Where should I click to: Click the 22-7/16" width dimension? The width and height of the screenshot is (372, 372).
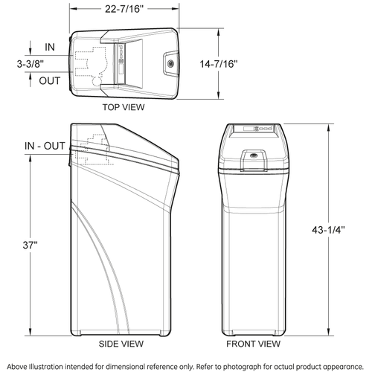click(124, 9)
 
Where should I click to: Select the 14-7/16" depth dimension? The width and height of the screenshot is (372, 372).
click(219, 64)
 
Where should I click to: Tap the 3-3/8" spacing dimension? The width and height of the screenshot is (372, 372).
click(31, 64)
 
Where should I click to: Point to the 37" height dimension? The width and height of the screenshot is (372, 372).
click(30, 245)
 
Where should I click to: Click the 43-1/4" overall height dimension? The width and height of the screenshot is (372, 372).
click(328, 230)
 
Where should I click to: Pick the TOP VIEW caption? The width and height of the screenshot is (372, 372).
click(124, 107)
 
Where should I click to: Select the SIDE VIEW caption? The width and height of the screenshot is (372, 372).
click(121, 344)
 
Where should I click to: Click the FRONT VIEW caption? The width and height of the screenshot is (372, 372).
click(253, 344)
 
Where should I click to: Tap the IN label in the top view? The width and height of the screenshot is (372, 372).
click(50, 47)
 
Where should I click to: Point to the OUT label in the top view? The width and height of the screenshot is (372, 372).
click(50, 81)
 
